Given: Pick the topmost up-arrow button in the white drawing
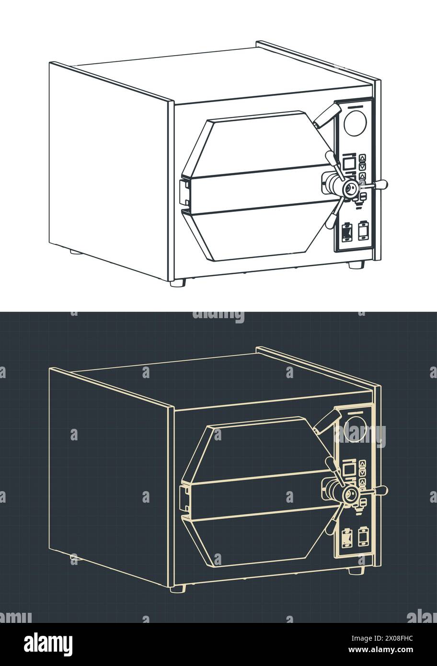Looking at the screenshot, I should click(x=362, y=158).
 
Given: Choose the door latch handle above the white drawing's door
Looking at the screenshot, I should click(x=326, y=116).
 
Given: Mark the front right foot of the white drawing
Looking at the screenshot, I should click(x=356, y=264).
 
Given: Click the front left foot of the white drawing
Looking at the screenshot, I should click(x=178, y=283).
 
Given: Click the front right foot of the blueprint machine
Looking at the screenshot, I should click(x=356, y=570).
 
